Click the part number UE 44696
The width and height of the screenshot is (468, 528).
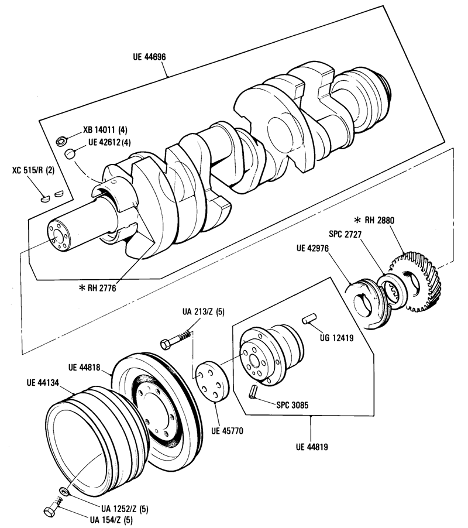click(149, 57)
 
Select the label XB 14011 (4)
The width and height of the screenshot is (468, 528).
click(105, 130)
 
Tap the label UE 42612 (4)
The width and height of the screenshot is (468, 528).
click(109, 142)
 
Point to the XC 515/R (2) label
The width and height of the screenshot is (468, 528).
click(33, 170)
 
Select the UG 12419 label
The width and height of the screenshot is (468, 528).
click(336, 337)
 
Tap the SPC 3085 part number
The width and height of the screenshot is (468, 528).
click(292, 405)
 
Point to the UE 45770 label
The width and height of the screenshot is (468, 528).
click(227, 431)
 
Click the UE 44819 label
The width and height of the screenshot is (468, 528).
click(312, 447)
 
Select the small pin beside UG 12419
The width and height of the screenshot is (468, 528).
click(308, 319)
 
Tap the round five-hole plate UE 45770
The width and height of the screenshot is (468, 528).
click(212, 382)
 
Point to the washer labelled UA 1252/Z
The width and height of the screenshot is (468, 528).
click(64, 491)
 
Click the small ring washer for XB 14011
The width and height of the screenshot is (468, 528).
click(61, 140)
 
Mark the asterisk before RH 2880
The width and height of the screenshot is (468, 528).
click(357, 220)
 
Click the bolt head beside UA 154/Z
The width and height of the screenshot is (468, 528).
click(50, 510)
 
